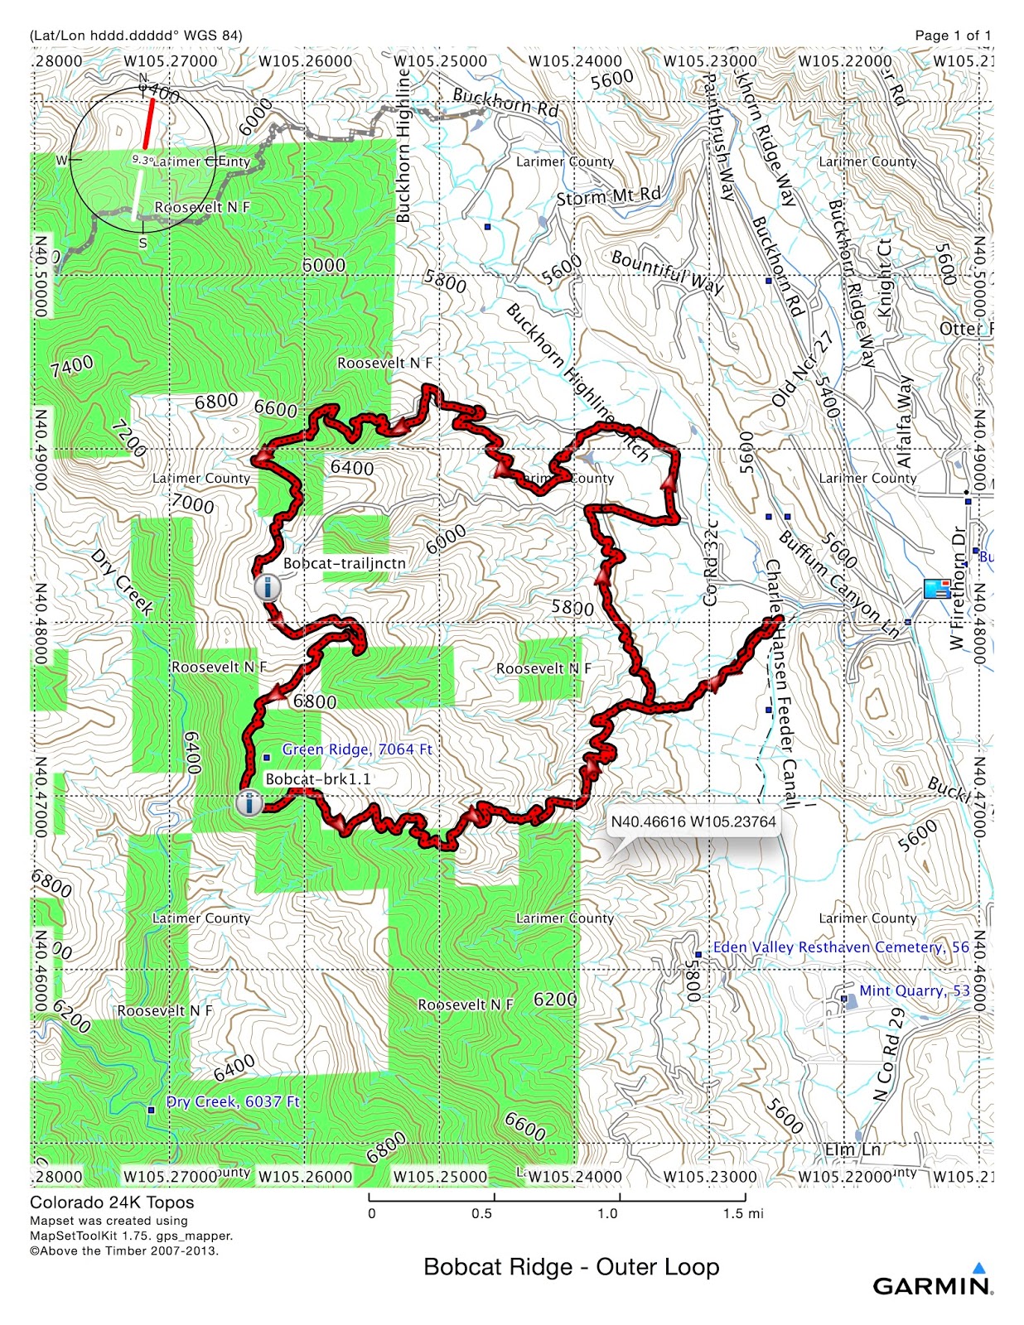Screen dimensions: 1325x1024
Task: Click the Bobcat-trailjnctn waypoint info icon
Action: point(267,588)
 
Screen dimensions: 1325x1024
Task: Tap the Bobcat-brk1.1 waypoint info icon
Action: point(249,802)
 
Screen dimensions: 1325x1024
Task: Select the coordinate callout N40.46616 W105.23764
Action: point(693,821)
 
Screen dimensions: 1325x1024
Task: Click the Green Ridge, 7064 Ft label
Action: point(357,749)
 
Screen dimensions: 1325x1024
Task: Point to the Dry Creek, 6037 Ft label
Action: point(233,1101)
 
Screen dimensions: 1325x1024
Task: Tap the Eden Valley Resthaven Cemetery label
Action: point(840,947)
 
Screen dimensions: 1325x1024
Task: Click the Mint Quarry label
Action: point(914,990)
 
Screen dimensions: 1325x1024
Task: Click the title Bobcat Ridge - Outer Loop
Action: point(571,1267)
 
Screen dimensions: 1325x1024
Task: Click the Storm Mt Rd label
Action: point(608,196)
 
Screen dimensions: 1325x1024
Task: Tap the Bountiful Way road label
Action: point(667,272)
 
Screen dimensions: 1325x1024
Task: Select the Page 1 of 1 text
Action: point(952,35)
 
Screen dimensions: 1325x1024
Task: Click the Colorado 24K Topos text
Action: point(112,1202)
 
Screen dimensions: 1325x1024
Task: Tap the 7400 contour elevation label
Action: point(71,366)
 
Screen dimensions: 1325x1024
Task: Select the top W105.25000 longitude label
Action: point(440,61)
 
